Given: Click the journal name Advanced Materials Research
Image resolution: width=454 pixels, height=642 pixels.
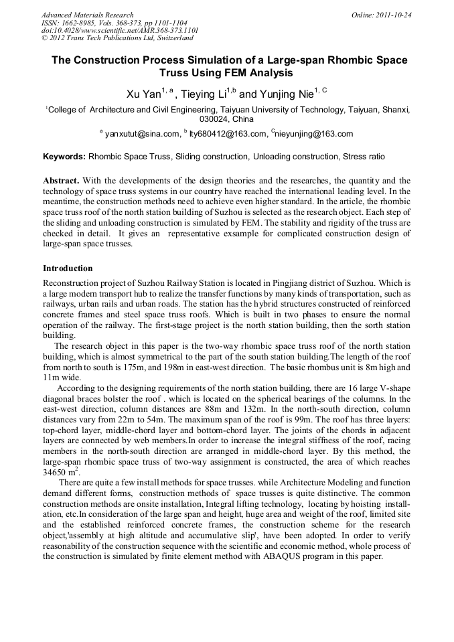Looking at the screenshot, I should (x=87, y=15).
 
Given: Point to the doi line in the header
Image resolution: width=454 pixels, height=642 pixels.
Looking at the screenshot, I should (x=120, y=30).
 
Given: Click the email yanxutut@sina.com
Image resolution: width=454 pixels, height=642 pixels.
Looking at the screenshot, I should (x=143, y=134).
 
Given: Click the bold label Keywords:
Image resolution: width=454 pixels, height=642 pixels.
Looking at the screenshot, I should (x=64, y=157).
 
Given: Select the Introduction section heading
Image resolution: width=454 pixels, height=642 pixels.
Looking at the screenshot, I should (x=68, y=268).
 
